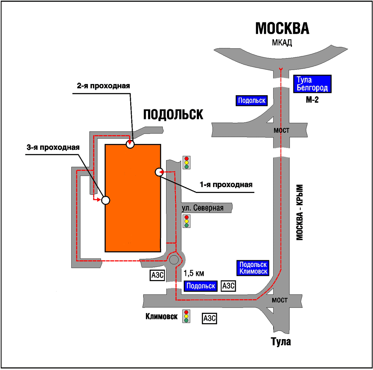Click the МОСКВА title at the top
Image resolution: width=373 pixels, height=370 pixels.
282,29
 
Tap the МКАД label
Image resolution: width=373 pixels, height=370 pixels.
282,43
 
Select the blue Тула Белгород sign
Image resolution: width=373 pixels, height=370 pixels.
312,84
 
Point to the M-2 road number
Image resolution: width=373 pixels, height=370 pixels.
312,100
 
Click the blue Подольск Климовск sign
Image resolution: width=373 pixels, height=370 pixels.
253,268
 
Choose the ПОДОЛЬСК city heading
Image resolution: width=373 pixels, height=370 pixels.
173,115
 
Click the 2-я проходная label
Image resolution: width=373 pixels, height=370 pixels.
103,86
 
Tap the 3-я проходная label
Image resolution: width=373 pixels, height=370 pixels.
53,148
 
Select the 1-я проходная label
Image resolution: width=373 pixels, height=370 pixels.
226,185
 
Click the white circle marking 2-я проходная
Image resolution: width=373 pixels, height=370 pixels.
130,144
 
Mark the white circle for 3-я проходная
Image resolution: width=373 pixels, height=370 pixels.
106,200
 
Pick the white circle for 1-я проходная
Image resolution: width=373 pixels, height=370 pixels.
159,172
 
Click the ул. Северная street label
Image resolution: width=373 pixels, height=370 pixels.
202,208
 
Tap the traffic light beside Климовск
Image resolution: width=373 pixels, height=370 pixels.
186,316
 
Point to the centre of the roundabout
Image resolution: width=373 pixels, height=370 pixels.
174,260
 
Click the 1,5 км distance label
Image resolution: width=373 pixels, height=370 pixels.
194,273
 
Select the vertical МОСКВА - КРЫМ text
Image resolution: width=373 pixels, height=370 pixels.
300,212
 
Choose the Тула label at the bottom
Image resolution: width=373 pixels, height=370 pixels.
281,341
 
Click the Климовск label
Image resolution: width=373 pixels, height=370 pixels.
161,316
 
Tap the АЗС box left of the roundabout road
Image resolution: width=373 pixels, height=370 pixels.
157,275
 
